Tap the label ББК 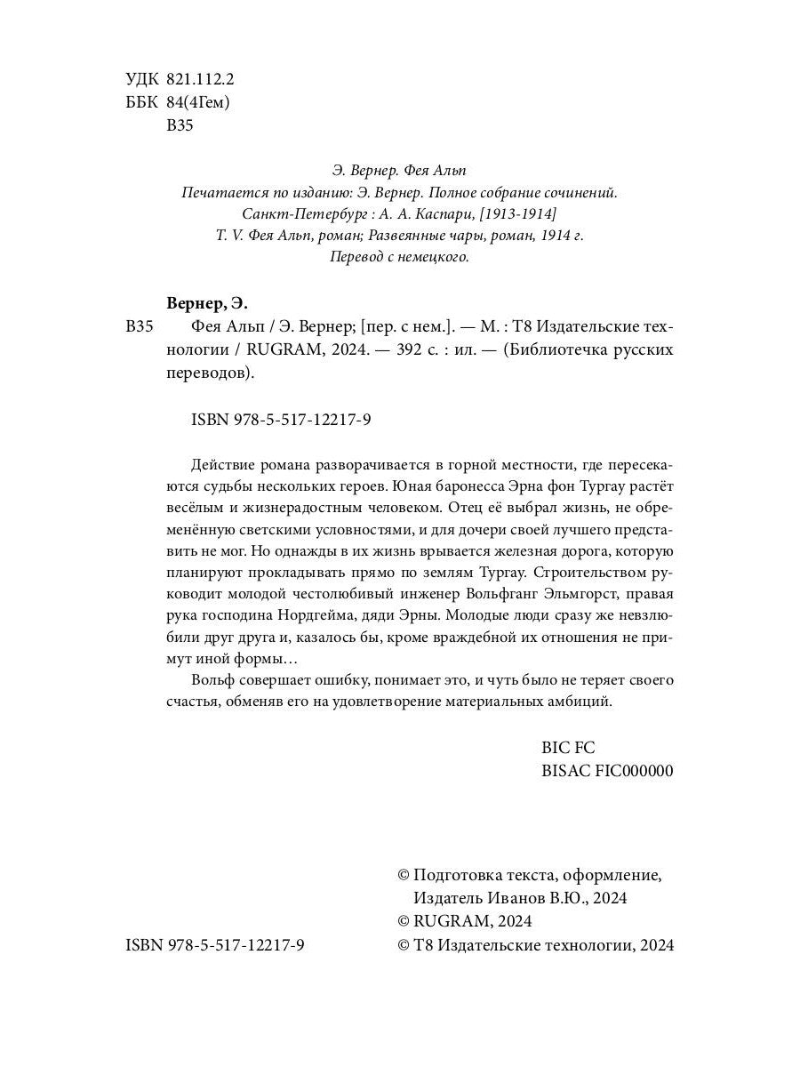coord(142,102)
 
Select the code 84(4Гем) coord(198,102)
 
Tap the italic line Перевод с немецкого coord(399,257)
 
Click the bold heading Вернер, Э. coord(208,302)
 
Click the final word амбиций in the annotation coord(583,702)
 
